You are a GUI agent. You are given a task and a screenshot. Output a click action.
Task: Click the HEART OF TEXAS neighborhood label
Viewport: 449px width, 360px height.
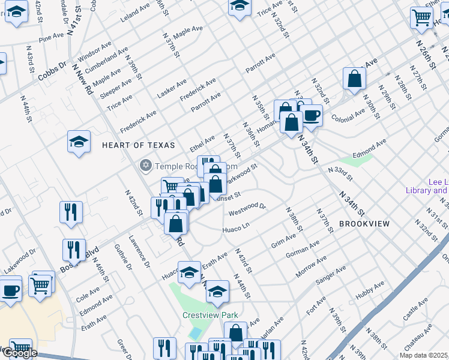click(138, 145)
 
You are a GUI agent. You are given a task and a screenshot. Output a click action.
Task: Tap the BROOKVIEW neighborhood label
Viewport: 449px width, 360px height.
click(364, 223)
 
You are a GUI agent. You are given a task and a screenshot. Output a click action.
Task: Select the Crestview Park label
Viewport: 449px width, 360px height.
click(210, 315)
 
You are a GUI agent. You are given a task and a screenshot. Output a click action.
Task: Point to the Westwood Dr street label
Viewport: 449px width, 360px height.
click(247, 209)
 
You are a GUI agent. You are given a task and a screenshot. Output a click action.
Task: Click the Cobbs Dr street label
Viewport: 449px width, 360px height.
click(52, 71)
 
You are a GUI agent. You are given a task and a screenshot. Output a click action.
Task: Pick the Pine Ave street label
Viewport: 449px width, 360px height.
click(51, 37)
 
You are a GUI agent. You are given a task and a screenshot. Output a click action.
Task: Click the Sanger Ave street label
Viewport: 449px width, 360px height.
click(331, 277)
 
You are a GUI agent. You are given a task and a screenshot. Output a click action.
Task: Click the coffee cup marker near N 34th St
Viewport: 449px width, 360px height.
click(311, 116)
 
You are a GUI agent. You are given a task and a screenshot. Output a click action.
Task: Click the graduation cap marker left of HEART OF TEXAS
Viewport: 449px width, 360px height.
click(79, 142)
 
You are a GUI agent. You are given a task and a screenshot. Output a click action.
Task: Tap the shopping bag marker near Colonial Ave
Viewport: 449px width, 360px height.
click(355, 79)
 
